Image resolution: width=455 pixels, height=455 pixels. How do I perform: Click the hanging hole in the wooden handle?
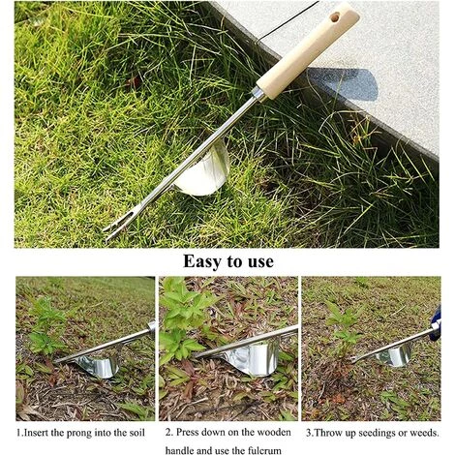click(335, 17)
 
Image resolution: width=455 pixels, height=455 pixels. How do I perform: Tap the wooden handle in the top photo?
click(308, 50)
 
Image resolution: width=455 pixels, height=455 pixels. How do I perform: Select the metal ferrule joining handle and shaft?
click(258, 94)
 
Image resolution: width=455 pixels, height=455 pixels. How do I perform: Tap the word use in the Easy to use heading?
click(260, 261)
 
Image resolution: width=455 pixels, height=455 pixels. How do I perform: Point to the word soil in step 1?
click(137, 433)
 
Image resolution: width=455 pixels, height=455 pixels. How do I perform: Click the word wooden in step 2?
click(274, 432)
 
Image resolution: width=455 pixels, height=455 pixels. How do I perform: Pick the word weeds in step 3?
click(423, 433)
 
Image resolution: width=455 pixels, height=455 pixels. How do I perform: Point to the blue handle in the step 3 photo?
click(437, 323)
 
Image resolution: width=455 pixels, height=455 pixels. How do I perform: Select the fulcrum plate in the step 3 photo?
click(394, 355)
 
